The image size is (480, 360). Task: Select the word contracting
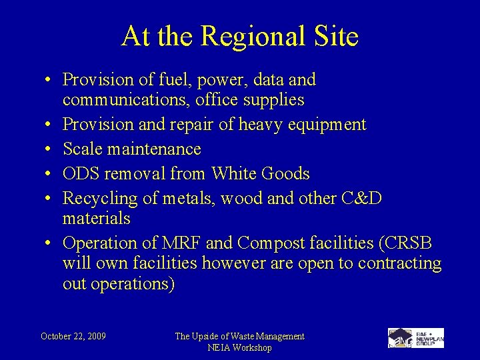tap(400, 263)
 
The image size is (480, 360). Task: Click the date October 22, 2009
tap(73, 336)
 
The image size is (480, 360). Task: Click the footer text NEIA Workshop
tap(239, 347)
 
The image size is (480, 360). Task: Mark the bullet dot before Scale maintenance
tap(50, 149)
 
